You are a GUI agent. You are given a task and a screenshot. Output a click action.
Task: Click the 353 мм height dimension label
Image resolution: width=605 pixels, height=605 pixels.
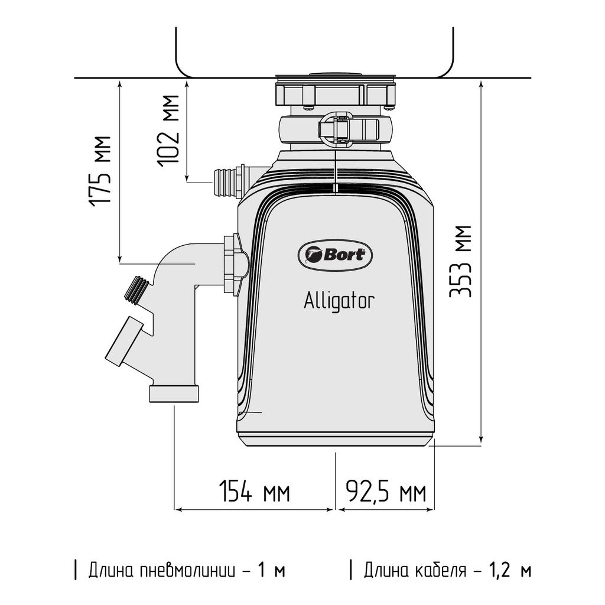click(461, 261)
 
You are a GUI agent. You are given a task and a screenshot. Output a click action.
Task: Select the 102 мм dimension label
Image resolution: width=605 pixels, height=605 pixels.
click(170, 131)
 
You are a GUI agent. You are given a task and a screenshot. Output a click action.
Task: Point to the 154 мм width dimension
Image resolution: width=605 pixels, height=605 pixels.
click(255, 492)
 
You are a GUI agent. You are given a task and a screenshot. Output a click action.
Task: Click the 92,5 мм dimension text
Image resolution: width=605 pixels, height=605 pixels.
click(385, 492)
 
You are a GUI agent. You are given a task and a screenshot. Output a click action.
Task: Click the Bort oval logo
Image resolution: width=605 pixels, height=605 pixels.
click(336, 255)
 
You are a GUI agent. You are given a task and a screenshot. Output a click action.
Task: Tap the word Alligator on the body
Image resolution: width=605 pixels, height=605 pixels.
click(339, 301)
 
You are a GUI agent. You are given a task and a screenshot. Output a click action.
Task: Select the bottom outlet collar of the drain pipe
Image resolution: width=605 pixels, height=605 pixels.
click(174, 393)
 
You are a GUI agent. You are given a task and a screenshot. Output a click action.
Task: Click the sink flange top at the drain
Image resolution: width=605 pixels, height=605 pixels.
click(335, 76)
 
